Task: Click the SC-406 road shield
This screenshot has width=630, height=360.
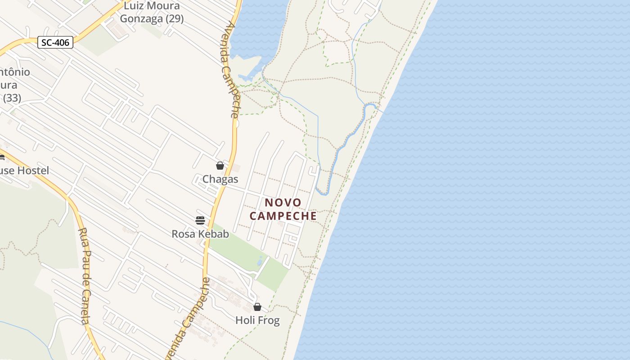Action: click(x=55, y=42)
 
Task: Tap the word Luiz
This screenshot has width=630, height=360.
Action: click(x=134, y=6)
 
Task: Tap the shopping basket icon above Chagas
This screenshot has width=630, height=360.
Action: click(x=220, y=166)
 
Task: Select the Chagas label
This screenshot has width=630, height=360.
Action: click(x=220, y=179)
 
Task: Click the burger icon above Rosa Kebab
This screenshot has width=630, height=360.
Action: click(x=200, y=220)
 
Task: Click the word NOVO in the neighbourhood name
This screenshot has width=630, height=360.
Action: click(x=283, y=202)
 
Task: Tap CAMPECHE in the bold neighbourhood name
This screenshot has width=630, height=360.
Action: click(x=283, y=216)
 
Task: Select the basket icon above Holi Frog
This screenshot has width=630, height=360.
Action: click(x=257, y=307)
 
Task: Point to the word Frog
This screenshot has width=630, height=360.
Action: click(x=269, y=320)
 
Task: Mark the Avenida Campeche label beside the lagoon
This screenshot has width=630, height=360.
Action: click(x=229, y=70)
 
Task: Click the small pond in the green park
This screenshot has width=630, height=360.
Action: click(x=260, y=261)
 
